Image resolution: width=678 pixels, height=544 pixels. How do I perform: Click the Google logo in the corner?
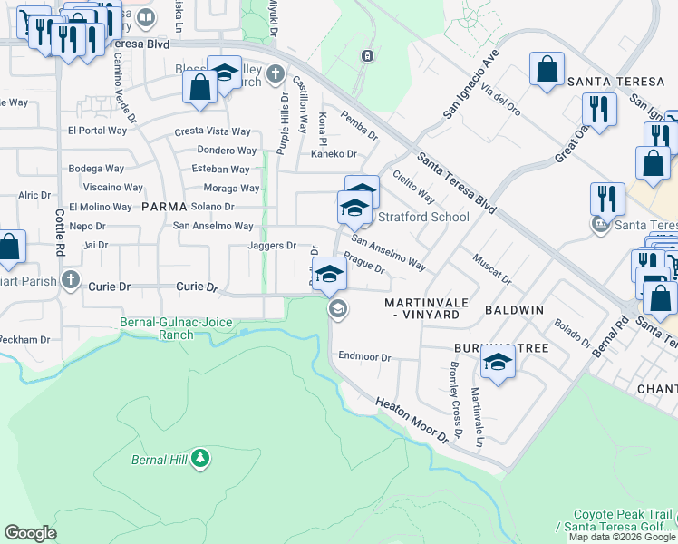[x=30, y=533]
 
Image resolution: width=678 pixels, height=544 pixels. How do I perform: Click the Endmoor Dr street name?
[x=363, y=357]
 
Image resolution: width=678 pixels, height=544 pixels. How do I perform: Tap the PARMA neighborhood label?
[x=164, y=207]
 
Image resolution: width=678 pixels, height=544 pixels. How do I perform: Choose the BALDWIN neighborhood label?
[x=514, y=310]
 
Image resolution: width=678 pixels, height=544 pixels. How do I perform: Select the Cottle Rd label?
[x=59, y=232]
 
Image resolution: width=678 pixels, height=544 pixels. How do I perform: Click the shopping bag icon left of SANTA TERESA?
[x=547, y=70]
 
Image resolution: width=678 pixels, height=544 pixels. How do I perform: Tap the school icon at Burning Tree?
[x=497, y=364]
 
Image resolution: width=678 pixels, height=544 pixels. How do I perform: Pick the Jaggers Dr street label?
[x=272, y=246]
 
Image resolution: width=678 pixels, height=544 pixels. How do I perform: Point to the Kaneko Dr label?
[x=334, y=154]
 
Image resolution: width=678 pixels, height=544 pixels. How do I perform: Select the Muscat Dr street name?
[x=492, y=267]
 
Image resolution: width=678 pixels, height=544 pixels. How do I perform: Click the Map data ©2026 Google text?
[x=622, y=537]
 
